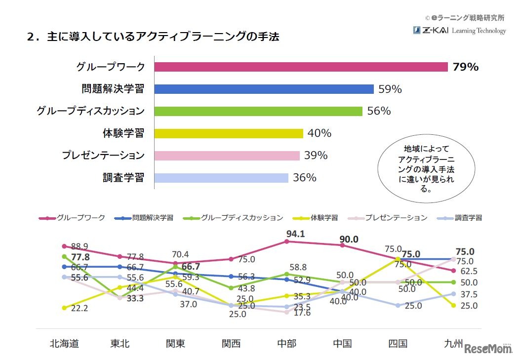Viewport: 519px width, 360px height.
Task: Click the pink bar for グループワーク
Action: [301, 67]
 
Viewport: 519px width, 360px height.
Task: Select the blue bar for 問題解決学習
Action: [264, 89]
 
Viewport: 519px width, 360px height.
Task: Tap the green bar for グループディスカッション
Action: [258, 111]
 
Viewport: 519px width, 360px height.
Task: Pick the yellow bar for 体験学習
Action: [229, 133]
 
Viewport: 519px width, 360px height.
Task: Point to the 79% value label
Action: [465, 67]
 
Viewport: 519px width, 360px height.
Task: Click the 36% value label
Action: [305, 178]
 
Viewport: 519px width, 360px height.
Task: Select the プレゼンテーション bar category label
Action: [103, 156]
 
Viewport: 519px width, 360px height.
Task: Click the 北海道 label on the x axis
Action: [64, 343]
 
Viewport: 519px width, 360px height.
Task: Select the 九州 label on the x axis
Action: [453, 343]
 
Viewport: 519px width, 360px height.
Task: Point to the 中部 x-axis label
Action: [286, 343]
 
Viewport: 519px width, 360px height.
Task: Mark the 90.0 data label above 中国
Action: [349, 239]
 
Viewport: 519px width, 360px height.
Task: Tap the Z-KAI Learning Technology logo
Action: [459, 31]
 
